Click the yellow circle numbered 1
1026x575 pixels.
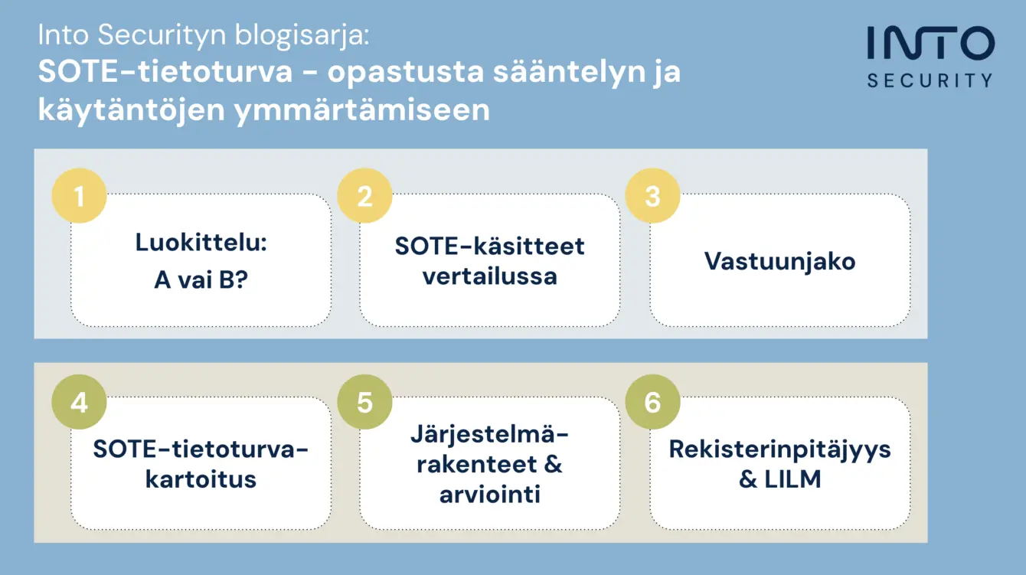click(79, 196)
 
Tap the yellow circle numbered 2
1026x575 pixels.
click(364, 196)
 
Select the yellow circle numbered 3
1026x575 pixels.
click(652, 196)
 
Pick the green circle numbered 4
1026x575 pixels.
click(79, 402)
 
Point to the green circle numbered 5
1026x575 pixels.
click(364, 402)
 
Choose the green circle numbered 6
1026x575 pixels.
click(652, 402)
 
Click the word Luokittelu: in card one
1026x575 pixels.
click(201, 242)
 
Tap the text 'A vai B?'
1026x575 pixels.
click(201, 279)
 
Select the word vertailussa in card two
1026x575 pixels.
click(489, 276)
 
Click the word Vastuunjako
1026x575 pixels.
click(779, 262)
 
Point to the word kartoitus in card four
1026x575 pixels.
click(201, 479)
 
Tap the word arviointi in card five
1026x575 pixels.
click(489, 495)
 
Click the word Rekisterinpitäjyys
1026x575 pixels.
click(779, 449)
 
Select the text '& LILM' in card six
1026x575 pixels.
click(779, 479)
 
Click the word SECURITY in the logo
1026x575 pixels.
click(930, 80)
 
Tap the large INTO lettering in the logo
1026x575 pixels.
click(931, 43)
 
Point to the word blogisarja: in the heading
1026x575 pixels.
click(302, 35)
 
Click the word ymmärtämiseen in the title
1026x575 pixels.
click(362, 110)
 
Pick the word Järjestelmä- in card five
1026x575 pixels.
click(489, 433)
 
